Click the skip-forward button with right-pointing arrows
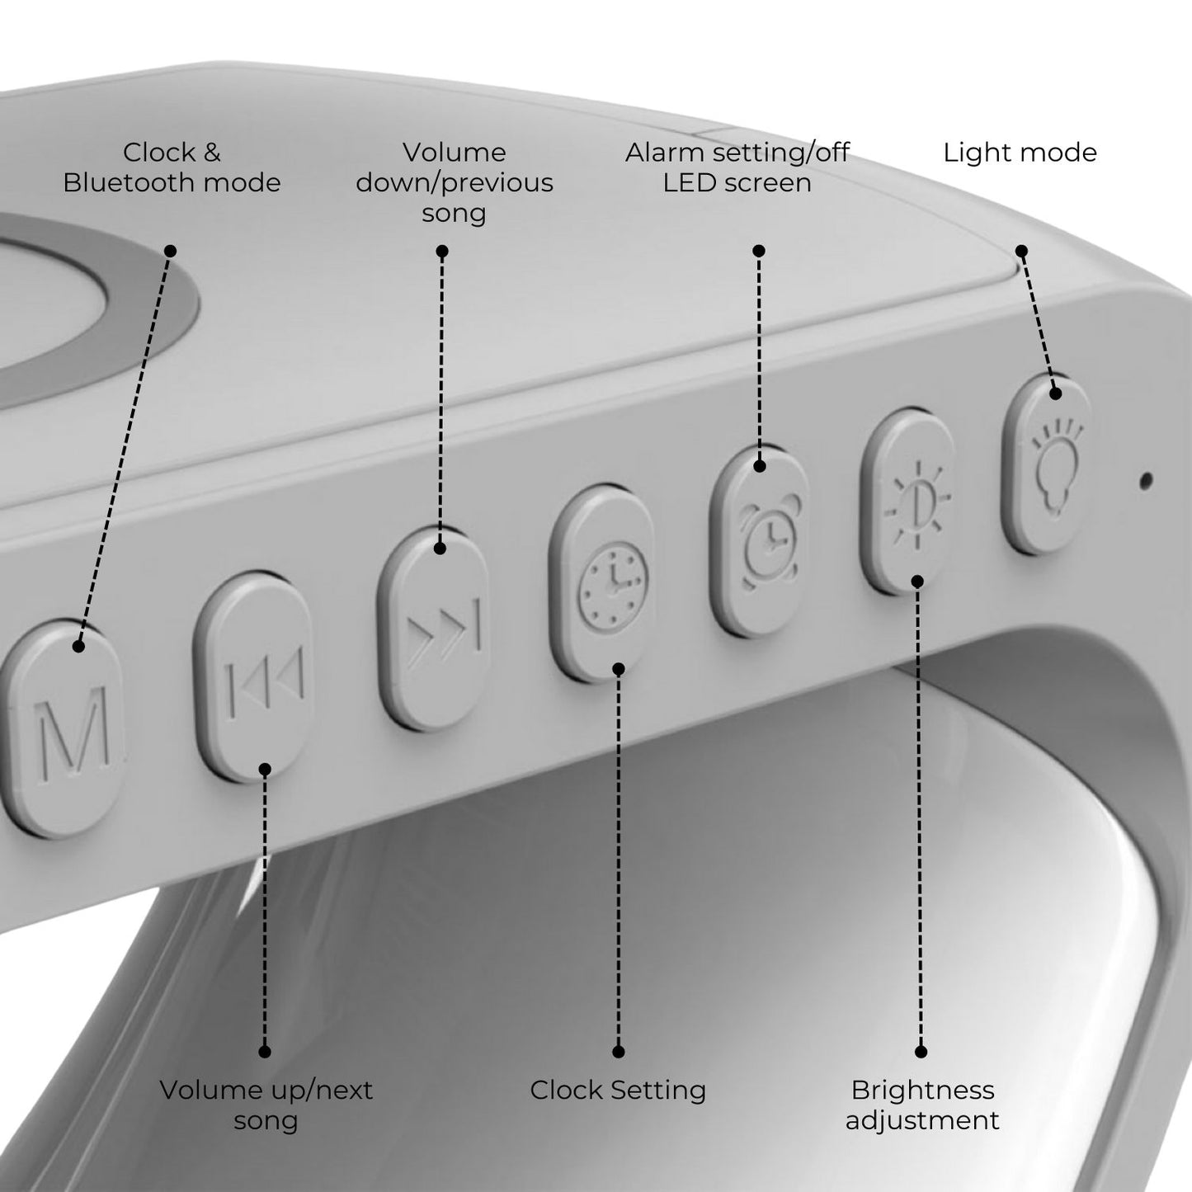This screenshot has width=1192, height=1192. coord(434,629)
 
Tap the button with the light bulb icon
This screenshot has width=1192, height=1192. coord(1047,465)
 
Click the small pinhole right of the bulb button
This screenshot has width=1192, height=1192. coord(1146,479)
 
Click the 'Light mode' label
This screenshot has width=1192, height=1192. coord(1020,153)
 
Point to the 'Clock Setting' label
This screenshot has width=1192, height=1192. coord(618,1091)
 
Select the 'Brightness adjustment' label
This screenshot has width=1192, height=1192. coord(922,1105)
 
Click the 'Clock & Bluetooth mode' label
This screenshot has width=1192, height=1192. coord(172,167)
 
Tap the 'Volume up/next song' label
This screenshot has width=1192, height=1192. coord(266,1105)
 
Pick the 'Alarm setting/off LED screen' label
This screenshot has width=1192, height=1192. coord(737,167)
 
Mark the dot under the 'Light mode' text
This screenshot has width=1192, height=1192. coord(1022,251)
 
